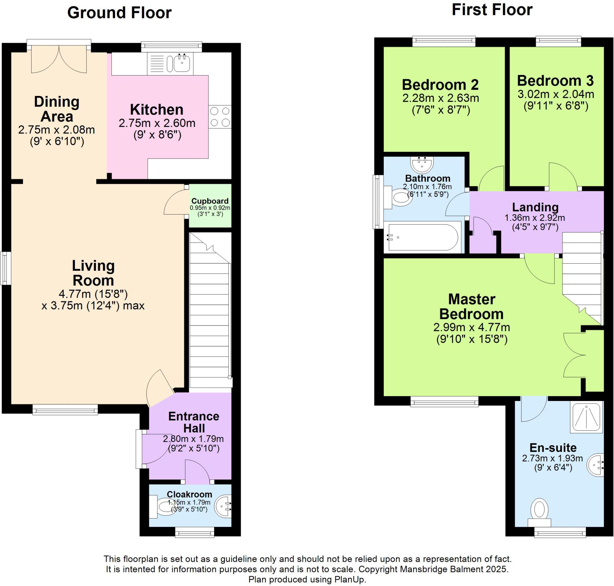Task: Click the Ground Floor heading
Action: point(119,13)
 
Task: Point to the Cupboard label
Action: point(210,201)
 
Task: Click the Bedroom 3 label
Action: point(555,81)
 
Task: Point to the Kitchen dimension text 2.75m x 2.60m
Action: point(157,123)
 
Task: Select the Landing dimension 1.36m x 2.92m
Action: point(535,218)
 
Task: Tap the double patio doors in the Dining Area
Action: point(59,59)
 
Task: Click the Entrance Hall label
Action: point(194,422)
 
